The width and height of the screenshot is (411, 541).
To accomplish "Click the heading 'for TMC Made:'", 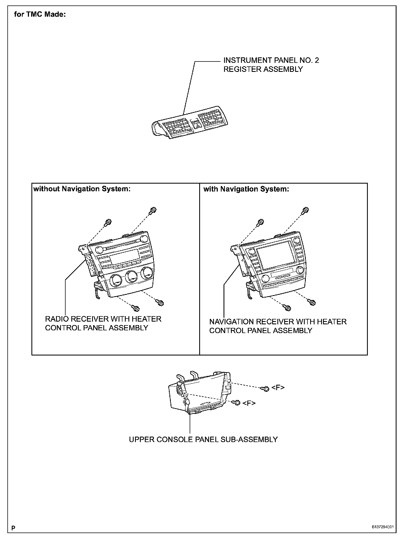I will click(x=40, y=14).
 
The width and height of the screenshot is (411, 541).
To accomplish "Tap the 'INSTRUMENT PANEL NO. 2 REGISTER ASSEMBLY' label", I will click(x=271, y=65).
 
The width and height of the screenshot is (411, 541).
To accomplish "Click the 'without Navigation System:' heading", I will click(x=82, y=189).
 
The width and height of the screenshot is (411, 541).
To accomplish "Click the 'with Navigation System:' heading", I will click(x=246, y=189).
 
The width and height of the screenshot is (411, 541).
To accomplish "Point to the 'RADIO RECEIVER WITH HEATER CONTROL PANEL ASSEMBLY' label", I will click(x=103, y=323).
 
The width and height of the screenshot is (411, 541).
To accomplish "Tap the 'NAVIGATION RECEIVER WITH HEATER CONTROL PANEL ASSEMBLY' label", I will click(x=278, y=326).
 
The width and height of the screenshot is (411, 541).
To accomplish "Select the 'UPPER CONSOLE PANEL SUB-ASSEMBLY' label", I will click(x=203, y=439).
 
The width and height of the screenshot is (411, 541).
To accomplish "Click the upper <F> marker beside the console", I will click(x=278, y=387).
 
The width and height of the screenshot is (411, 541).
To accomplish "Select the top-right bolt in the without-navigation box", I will click(x=153, y=210).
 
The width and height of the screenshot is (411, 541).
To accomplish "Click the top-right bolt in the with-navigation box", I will click(x=306, y=210).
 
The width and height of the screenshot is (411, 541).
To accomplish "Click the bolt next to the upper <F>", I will click(x=266, y=389).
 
